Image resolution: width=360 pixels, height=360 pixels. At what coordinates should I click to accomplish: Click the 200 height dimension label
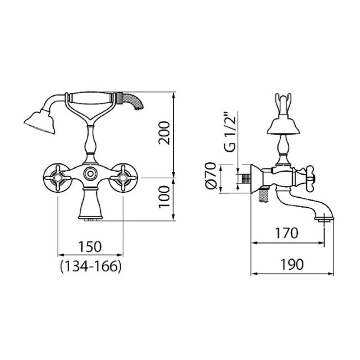pos(164,133)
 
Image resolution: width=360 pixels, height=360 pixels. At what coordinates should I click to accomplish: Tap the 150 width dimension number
pos(90,246)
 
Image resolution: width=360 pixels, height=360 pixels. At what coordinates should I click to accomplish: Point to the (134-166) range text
pos(90,266)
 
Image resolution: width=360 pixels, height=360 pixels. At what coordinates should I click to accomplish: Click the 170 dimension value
pos(287,233)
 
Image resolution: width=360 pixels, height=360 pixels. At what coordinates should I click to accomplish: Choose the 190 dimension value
pos(292,264)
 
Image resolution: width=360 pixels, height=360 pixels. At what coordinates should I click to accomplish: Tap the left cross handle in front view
pos(56,177)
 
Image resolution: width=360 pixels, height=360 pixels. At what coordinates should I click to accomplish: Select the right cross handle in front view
pos(123,177)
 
